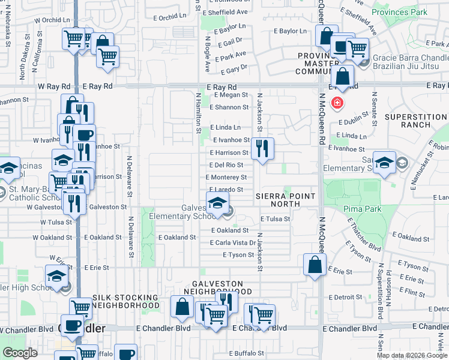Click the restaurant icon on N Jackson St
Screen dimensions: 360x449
pyautogui.click(x=262, y=148)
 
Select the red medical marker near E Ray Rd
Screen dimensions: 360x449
pyautogui.click(x=337, y=103)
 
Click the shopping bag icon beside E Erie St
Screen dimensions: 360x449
pyautogui.click(x=315, y=265)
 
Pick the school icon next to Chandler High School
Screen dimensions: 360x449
pyautogui.click(x=56, y=276)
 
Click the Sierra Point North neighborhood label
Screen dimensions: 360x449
pyautogui.click(x=286, y=200)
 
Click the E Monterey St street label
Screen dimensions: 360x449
pyautogui.click(x=226, y=178)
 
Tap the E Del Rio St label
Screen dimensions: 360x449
pyautogui.click(x=226, y=165)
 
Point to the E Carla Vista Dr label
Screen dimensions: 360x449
pyautogui.click(x=232, y=242)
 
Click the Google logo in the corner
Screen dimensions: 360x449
pyautogui.click(x=20, y=353)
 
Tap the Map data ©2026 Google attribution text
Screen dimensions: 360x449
pyautogui.click(x=411, y=355)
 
